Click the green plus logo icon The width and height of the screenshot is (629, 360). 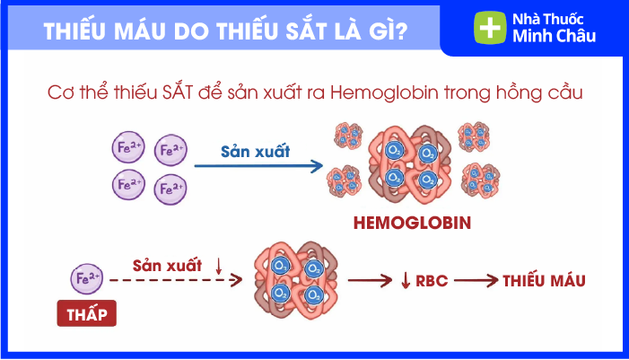[490, 27]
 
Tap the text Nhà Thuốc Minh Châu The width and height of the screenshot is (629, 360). [554, 28]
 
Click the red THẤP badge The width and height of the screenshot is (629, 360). [87, 313]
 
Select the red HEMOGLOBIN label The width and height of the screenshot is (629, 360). [412, 223]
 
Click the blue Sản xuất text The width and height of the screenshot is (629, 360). [255, 151]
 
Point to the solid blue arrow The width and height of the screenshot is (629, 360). [258, 166]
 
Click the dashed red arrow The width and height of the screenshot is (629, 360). [176, 280]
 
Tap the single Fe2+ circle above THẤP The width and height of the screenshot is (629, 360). [87, 278]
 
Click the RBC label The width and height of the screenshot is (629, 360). [432, 281]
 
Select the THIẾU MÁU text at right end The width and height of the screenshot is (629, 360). [544, 280]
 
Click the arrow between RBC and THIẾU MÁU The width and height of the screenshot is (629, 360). [476, 280]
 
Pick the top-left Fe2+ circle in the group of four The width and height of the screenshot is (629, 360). [128, 147]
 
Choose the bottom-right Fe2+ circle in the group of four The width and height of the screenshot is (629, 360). [170, 189]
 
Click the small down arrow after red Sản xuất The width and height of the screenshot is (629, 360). [219, 266]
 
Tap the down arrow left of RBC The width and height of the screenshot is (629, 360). [406, 280]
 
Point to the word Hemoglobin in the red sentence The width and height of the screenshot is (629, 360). [384, 92]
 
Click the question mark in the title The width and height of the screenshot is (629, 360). [400, 31]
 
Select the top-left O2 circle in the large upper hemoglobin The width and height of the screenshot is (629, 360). [394, 151]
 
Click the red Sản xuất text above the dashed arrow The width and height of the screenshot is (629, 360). [167, 266]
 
